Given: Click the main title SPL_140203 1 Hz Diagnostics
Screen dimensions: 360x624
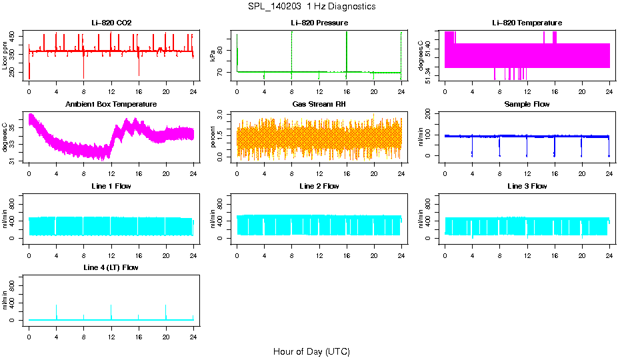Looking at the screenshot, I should tap(311, 7).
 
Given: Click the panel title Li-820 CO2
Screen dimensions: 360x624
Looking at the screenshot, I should tap(111, 23).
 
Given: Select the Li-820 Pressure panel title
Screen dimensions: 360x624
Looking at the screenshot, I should tap(319, 23).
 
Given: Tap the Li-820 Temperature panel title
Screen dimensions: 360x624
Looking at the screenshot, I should tap(527, 23).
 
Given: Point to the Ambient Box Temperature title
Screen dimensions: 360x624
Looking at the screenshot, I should tap(111, 105).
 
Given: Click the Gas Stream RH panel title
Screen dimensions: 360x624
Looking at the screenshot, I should tap(319, 105).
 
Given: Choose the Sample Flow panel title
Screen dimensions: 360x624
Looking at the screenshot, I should tap(527, 105).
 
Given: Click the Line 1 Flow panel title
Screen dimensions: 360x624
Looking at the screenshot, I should tap(111, 186).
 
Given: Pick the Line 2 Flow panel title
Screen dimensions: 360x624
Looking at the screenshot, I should tap(319, 186).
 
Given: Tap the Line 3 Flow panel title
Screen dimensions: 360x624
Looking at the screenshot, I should tap(527, 186).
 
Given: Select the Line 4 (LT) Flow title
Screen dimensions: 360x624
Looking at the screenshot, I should tap(111, 267).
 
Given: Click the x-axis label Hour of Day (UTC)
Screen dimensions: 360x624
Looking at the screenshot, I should tap(311, 351).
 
